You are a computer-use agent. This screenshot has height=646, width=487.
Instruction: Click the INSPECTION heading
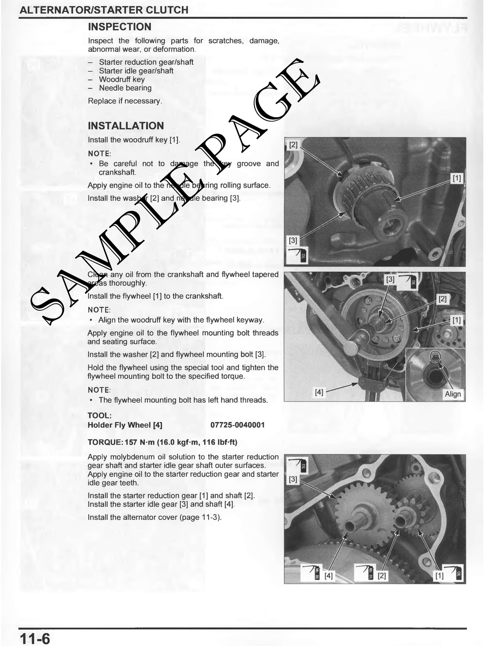click(119, 27)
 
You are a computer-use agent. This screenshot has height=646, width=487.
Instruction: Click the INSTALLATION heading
click(126, 126)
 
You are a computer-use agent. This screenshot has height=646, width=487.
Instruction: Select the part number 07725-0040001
click(238, 425)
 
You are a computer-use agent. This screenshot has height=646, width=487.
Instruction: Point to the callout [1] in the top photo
click(456, 178)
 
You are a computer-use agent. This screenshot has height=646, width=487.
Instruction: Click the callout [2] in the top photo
click(293, 145)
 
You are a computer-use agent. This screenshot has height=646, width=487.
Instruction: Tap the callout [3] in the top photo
click(293, 241)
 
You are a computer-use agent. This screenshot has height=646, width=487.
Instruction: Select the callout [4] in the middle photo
click(319, 392)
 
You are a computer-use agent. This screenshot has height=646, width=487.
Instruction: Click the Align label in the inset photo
click(453, 394)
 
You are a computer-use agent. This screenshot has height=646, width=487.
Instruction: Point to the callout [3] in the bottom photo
click(293, 479)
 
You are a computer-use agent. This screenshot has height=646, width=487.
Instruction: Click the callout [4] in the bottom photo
click(329, 576)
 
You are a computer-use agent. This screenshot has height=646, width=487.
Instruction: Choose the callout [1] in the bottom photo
click(439, 576)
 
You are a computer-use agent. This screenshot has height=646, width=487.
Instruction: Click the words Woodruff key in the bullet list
click(122, 80)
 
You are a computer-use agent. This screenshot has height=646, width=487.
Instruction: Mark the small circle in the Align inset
click(435, 357)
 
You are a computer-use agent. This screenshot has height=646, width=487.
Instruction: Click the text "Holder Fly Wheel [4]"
click(125, 425)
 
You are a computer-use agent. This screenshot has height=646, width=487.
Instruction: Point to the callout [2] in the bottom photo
click(382, 576)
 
